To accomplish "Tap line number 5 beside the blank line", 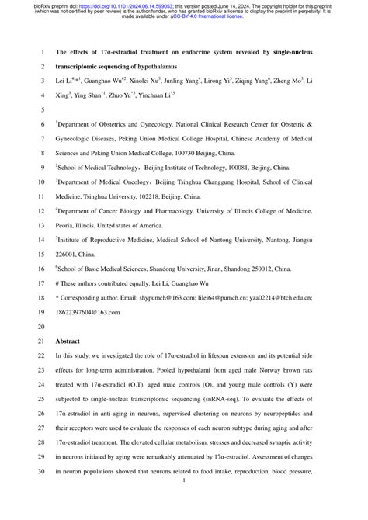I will [43, 110].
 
